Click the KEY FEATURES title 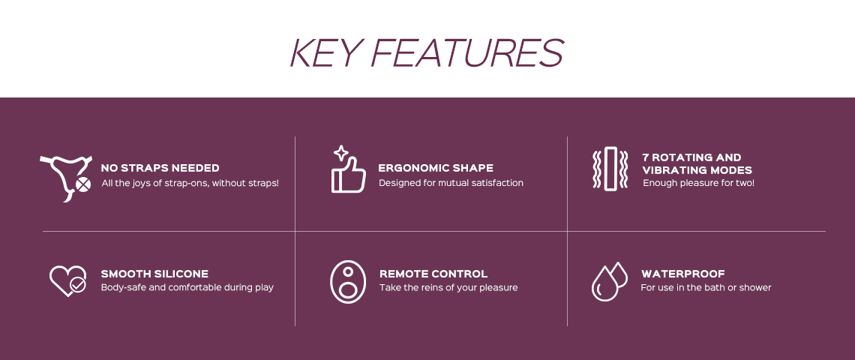(x=427, y=53)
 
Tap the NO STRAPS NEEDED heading (x=160, y=168)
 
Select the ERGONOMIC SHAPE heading (x=436, y=168)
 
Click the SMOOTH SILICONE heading (x=154, y=274)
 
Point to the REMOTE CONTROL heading (x=433, y=274)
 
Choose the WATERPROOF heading (x=683, y=274)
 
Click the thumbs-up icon (x=349, y=174)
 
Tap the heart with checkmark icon (x=68, y=281)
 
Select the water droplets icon (x=610, y=281)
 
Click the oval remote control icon (x=348, y=281)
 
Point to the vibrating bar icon (x=610, y=169)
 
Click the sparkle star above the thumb (x=341, y=153)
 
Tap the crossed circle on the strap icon (x=82, y=185)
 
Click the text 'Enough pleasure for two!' (x=698, y=183)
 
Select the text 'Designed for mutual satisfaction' (x=451, y=183)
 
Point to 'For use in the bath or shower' (x=706, y=287)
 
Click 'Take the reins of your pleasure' (x=448, y=287)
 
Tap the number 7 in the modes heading (x=646, y=157)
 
